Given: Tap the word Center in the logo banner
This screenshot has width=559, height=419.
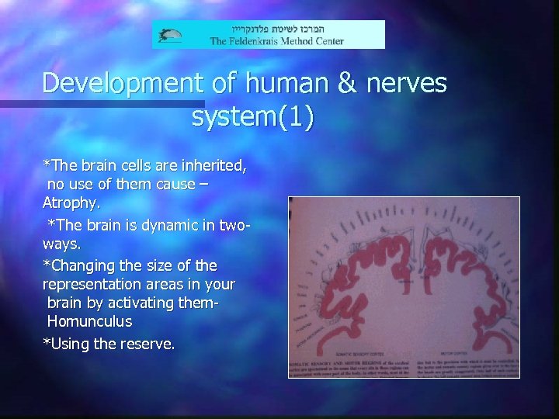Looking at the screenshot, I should pyautogui.click(x=327, y=40).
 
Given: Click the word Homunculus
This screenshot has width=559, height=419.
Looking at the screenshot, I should pyautogui.click(x=89, y=321).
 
